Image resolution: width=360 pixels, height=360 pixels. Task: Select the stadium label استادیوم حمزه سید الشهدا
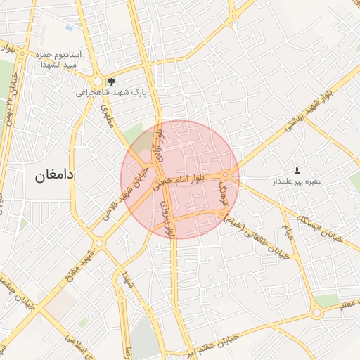tap(58, 59)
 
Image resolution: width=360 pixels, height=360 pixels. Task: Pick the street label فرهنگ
tap(224, 191)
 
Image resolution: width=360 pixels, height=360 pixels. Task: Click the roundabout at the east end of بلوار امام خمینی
tap(226, 175)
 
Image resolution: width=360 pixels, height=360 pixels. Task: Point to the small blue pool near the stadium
tap(69, 27)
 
